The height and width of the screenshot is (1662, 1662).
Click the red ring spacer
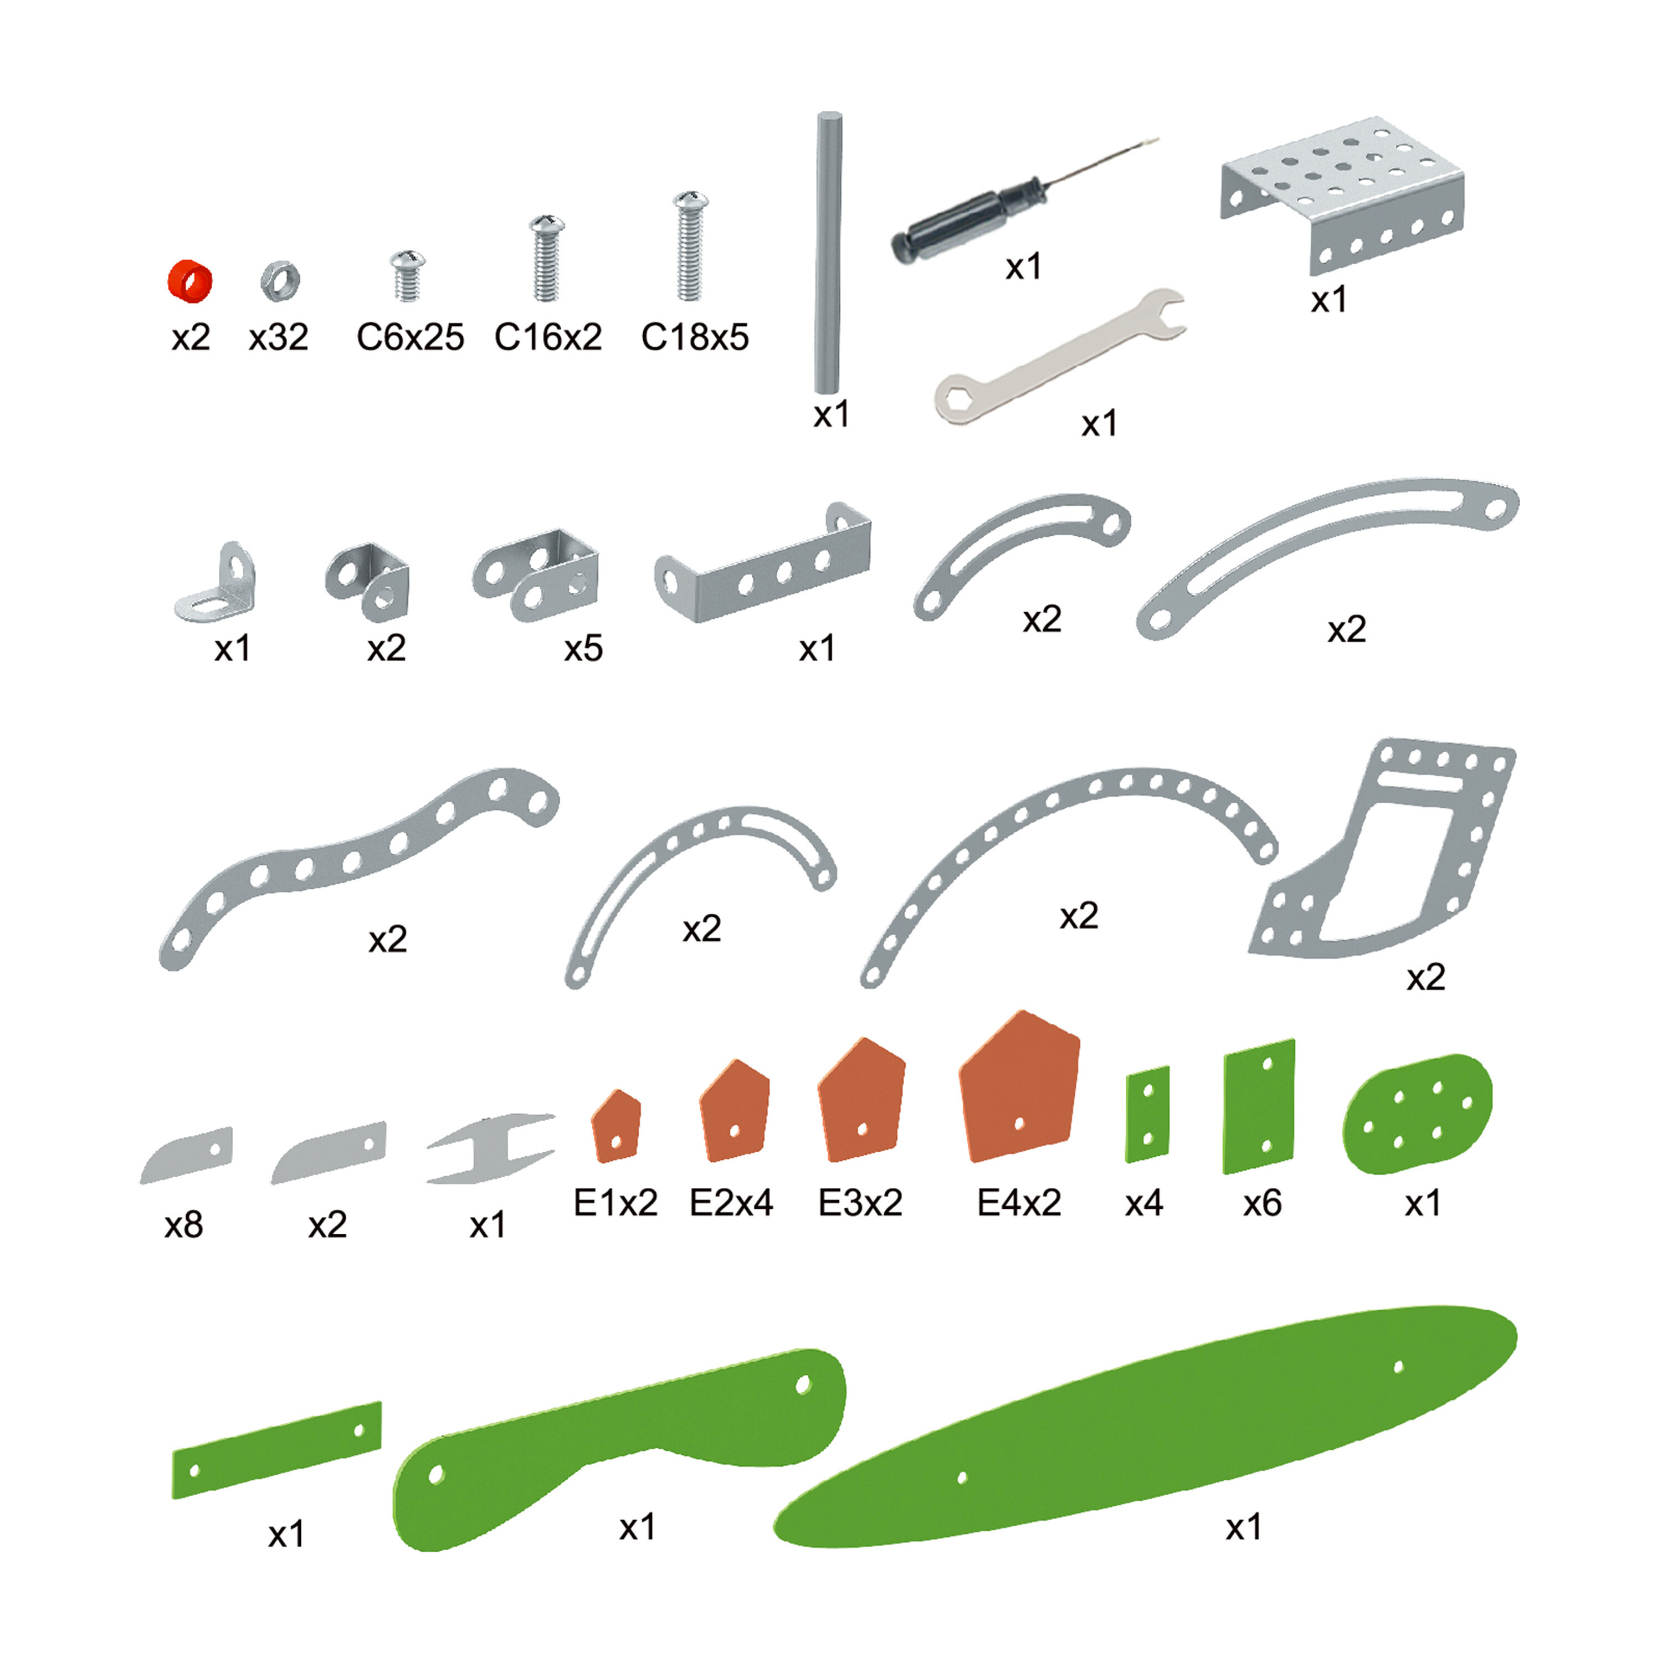(189, 281)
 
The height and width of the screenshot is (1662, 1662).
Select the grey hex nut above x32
(280, 280)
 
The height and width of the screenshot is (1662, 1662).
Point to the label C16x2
(548, 337)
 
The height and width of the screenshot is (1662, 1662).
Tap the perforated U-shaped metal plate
(1342, 193)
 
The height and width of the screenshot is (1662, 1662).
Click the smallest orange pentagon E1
(616, 1126)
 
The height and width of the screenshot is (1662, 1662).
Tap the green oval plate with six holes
(1417, 1113)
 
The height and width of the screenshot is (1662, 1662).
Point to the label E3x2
(860, 1203)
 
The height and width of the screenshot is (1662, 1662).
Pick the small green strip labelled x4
(1147, 1114)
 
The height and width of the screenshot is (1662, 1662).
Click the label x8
(183, 1225)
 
